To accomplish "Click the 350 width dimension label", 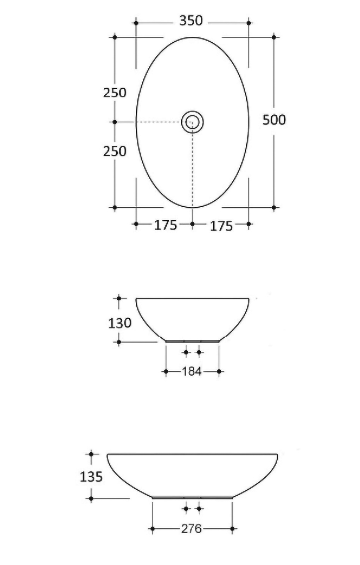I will (x=191, y=21).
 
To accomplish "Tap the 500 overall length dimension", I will (x=274, y=120).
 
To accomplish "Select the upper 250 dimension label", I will (x=114, y=93).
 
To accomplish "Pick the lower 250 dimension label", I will (x=114, y=151).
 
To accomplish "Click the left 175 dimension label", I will (x=165, y=225).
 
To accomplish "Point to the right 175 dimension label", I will (x=221, y=226).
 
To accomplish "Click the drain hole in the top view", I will (x=193, y=122).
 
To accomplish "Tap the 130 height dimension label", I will (x=119, y=323).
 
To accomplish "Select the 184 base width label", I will (x=191, y=371).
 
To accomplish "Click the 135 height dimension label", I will (x=91, y=477).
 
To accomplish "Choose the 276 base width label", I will (x=191, y=529).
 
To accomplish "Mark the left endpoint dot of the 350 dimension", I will (x=136, y=23).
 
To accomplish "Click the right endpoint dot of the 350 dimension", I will (x=249, y=23).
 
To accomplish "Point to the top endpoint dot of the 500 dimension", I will (x=274, y=37).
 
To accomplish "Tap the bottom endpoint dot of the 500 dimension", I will (x=274, y=207).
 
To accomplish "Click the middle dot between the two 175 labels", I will (x=192, y=224).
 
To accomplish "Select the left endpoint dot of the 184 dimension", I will (x=166, y=371).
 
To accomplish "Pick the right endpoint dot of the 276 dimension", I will (x=232, y=529).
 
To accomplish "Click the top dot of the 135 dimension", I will (x=91, y=454).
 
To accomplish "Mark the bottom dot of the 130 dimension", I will (x=119, y=342).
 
